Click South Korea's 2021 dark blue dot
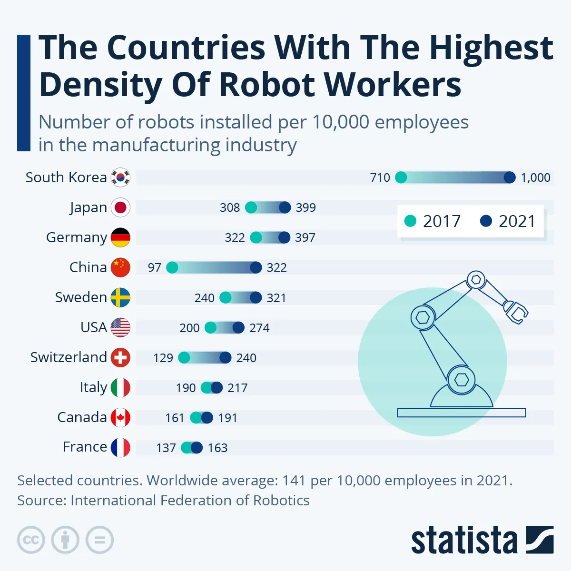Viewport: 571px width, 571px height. (510, 177)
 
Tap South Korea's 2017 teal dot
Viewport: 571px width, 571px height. (401, 177)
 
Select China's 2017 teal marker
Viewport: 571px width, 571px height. (172, 267)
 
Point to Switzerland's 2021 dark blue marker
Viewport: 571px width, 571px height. (226, 358)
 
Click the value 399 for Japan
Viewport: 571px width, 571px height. (305, 207)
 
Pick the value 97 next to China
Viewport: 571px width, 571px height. (154, 267)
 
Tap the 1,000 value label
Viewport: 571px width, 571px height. (535, 177)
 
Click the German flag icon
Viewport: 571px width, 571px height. (120, 237)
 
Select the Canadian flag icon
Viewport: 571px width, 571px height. (120, 418)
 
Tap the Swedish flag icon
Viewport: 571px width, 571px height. (120, 297)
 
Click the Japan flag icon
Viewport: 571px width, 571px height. (120, 207)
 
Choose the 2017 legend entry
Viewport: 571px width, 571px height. (433, 221)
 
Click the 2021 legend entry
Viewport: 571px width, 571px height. (508, 221)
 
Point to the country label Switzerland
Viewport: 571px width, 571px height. (69, 357)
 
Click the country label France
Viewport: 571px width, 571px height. (85, 447)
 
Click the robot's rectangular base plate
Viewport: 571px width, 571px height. (462, 413)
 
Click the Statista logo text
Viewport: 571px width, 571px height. (464, 540)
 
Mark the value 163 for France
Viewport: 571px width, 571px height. (217, 448)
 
